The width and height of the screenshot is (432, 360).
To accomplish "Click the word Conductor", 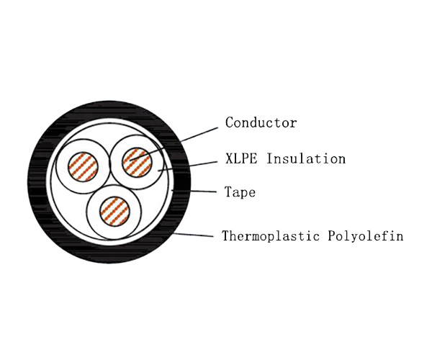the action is pyautogui.click(x=261, y=122).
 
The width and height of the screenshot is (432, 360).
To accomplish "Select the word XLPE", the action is pyautogui.click(x=241, y=158).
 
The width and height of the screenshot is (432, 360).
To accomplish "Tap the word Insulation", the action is pyautogui.click(x=306, y=158).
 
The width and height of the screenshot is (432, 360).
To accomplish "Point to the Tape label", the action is pyautogui.click(x=240, y=192).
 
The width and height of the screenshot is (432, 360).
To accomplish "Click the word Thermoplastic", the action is pyautogui.click(x=271, y=236).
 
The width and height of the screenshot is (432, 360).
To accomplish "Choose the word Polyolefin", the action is pyautogui.click(x=366, y=236).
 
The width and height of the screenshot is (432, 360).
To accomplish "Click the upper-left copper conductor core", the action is pyautogui.click(x=83, y=167).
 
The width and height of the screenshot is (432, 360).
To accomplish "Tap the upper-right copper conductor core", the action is pyautogui.click(x=137, y=162).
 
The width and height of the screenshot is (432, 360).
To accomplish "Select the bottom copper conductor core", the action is pyautogui.click(x=114, y=211).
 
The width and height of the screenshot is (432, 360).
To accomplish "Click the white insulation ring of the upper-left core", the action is pyautogui.click(x=61, y=167).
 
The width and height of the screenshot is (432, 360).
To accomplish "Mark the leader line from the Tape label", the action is pyautogui.click(x=194, y=191).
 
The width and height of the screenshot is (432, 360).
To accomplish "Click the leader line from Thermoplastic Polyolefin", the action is pyautogui.click(x=193, y=235).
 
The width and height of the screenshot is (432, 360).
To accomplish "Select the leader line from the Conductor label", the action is pyautogui.click(x=174, y=144).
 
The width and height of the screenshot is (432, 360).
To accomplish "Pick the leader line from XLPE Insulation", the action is pyautogui.click(x=188, y=166).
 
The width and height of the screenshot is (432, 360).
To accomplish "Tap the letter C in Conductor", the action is pyautogui.click(x=230, y=122).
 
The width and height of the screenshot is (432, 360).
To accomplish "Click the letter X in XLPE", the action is pyautogui.click(x=229, y=158).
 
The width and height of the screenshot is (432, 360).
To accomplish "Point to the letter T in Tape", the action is pyautogui.click(x=228, y=192).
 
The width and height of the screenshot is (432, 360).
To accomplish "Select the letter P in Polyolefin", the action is pyautogui.click(x=332, y=235).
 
